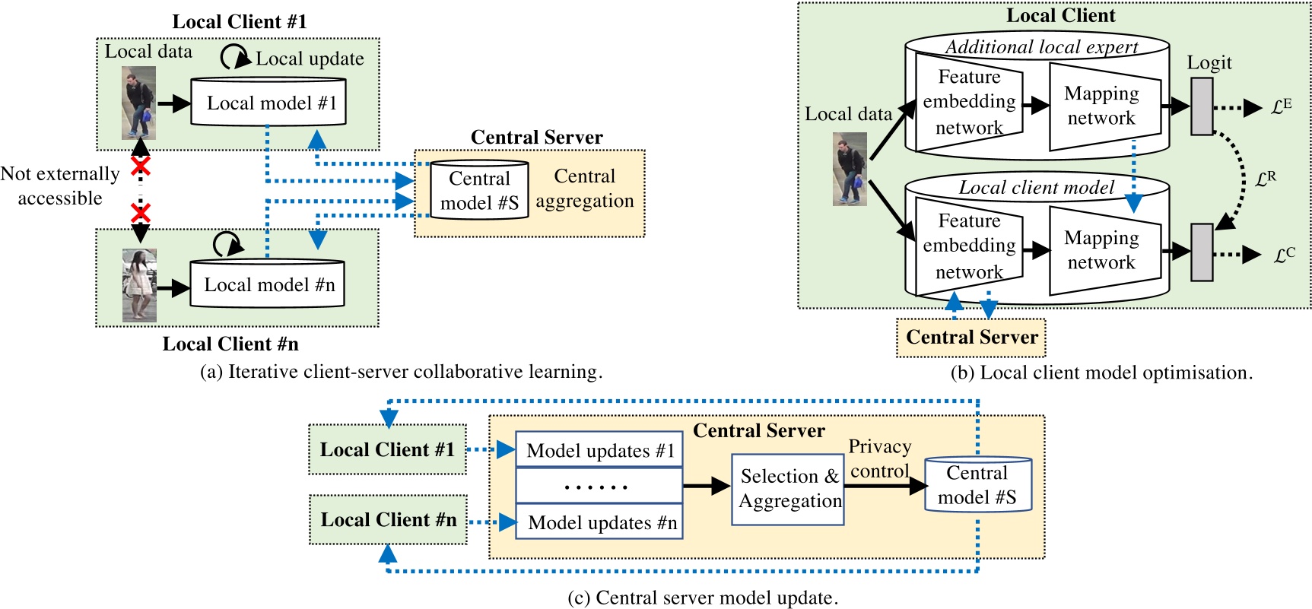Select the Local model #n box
click(x=267, y=284)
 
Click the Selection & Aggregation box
click(x=788, y=489)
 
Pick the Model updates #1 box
click(x=599, y=450)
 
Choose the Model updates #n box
click(x=599, y=522)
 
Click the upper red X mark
click(x=140, y=166)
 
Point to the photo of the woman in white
click(x=139, y=285)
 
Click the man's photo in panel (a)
click(x=138, y=103)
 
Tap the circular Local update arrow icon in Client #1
click(x=235, y=57)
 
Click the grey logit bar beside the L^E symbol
click(x=1201, y=106)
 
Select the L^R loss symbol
click(x=1265, y=179)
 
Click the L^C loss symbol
click(x=1284, y=255)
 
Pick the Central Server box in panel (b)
click(x=970, y=338)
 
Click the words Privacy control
click(x=879, y=458)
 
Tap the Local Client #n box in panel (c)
click(x=388, y=520)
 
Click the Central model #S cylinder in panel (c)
click(x=977, y=485)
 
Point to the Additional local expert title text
click(x=1040, y=47)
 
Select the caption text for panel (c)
click(x=703, y=598)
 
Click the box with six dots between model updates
click(x=599, y=486)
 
